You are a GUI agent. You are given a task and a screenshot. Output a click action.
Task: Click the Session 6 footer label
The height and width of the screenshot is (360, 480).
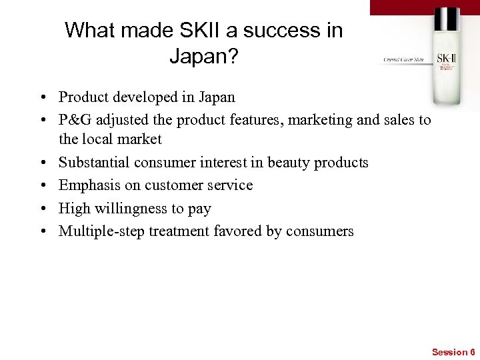point(453,351)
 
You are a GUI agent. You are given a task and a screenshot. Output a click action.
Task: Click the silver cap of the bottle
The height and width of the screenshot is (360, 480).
point(446,19)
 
